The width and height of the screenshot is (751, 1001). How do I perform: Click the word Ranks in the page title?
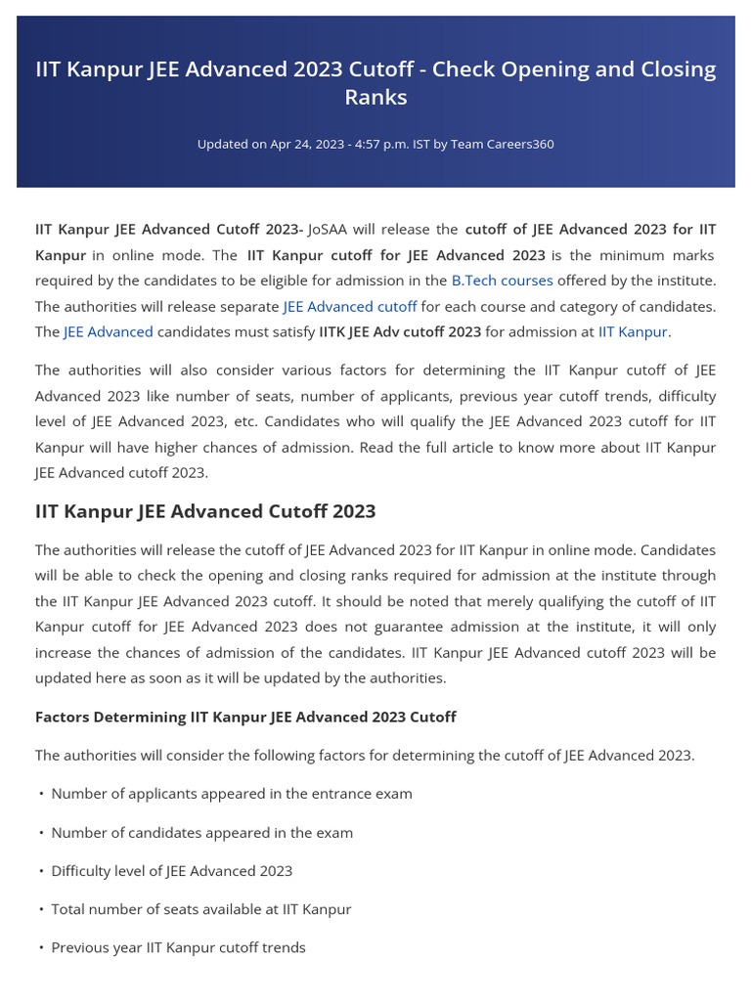375,98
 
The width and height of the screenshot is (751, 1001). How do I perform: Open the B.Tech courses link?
502,281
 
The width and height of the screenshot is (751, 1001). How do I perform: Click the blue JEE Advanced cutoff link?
350,306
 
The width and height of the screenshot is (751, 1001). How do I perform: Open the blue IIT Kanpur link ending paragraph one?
632,331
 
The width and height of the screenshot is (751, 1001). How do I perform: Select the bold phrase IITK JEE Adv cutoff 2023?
400,331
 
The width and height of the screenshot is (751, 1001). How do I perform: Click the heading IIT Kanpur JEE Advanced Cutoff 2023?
205,512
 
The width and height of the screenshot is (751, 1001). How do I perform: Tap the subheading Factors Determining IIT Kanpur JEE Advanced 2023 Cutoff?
245,718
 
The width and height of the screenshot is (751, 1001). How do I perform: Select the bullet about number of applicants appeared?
232,794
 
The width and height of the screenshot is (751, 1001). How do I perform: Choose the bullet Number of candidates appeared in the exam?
202,833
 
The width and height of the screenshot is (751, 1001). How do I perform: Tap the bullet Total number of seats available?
201,909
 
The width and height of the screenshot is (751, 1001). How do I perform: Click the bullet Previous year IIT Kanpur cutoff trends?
178,947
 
